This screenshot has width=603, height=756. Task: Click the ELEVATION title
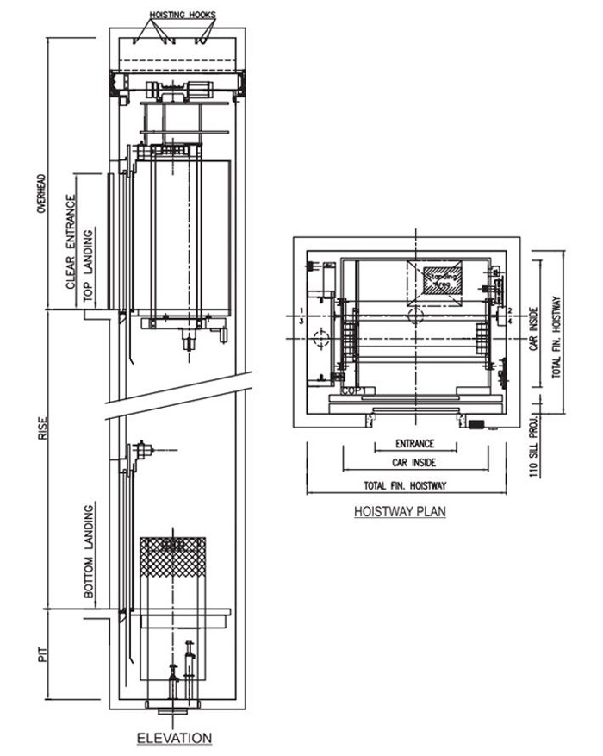pos(175,739)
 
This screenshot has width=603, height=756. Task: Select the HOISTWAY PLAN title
pos(399,511)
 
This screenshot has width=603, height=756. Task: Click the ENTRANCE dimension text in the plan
pos(415,446)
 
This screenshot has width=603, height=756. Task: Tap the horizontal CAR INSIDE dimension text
pos(414,465)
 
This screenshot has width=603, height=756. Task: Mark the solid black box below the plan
pos(478,423)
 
